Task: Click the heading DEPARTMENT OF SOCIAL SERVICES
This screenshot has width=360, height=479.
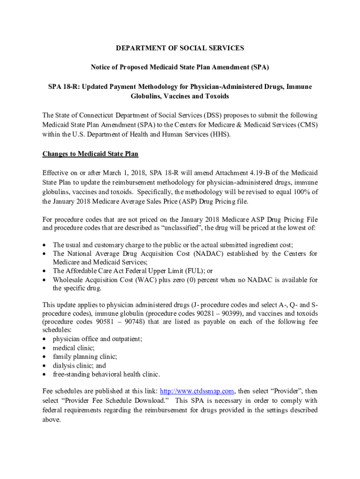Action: click(x=180, y=48)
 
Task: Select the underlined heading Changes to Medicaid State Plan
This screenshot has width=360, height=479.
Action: click(x=90, y=154)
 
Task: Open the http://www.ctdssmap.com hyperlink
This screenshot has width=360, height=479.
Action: click(x=196, y=391)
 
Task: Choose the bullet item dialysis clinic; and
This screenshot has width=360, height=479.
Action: click(x=79, y=365)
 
